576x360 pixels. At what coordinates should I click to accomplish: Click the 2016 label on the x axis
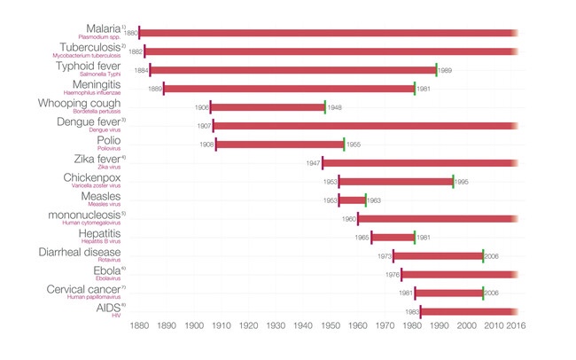516,327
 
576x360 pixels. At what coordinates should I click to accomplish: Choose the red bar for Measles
352,200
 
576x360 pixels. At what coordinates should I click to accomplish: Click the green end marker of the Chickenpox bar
453,182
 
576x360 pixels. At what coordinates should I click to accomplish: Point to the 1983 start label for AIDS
411,312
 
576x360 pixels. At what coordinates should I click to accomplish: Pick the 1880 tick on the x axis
139,327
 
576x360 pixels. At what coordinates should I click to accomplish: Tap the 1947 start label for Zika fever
313,163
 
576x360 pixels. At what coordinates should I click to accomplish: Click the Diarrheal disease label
87,252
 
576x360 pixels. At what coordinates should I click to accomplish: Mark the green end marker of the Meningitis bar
414,89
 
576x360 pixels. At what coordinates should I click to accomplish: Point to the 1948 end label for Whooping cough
334,107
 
